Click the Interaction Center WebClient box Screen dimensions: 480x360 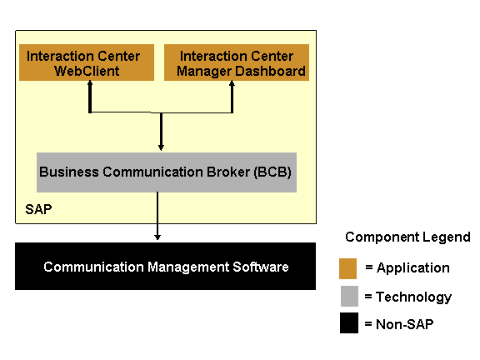87,62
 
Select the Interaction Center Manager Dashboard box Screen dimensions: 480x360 237,62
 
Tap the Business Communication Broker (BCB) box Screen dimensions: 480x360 167,172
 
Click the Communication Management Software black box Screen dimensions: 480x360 165,267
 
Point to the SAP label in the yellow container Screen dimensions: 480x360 38,210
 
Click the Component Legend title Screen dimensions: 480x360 407,237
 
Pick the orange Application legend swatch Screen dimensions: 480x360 347,269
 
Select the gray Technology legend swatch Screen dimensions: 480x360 349,296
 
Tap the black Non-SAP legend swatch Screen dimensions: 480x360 349,322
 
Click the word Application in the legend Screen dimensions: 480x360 413,268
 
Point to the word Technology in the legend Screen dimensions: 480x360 413,297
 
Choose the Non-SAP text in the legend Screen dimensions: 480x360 405,324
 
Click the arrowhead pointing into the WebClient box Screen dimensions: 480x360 90,83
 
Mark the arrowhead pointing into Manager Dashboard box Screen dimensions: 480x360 232,83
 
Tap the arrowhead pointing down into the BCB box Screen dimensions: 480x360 161,147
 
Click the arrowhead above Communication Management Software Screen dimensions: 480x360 157,237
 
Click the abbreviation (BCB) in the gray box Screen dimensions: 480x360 272,172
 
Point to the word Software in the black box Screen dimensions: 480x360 261,267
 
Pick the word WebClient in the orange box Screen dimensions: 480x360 87,71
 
